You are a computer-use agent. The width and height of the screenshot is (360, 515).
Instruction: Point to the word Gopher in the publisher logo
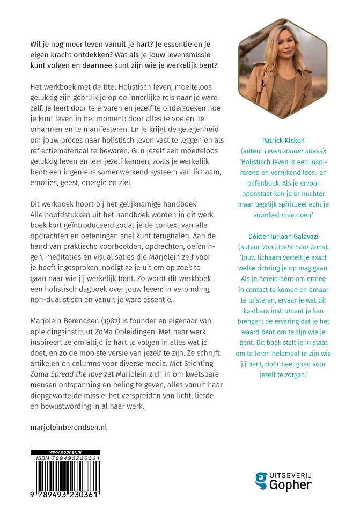click(x=292, y=485)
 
